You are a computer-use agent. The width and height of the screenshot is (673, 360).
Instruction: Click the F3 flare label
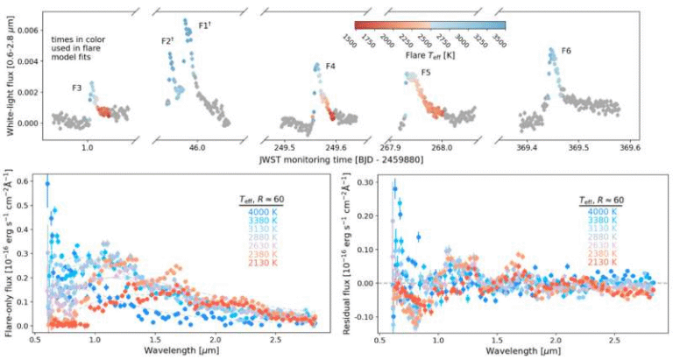click(78, 88)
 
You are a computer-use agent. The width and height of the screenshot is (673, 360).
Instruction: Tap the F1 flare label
click(204, 25)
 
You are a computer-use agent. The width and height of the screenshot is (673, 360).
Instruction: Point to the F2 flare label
click(167, 40)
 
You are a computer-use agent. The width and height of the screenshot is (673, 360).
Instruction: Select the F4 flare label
click(330, 67)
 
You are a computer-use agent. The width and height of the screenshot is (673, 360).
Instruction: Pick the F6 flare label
click(568, 52)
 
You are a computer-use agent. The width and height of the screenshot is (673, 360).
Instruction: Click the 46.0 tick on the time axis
click(196, 148)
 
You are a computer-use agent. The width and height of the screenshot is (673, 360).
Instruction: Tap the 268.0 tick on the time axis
click(442, 148)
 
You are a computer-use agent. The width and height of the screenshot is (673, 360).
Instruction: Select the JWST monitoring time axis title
click(347, 160)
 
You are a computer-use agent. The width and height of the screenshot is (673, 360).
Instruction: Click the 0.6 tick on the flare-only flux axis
click(25, 182)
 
